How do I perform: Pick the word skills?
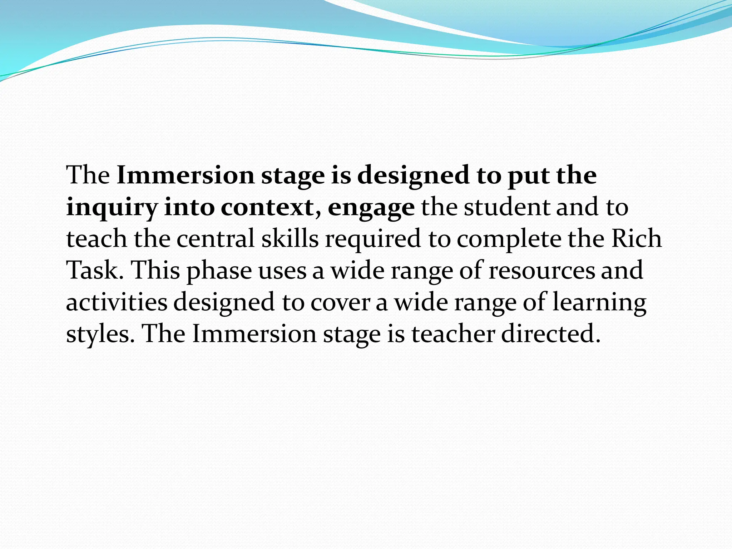(x=290, y=239)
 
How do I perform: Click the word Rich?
(x=636, y=239)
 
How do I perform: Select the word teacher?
(x=453, y=334)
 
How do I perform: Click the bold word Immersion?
(x=186, y=175)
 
